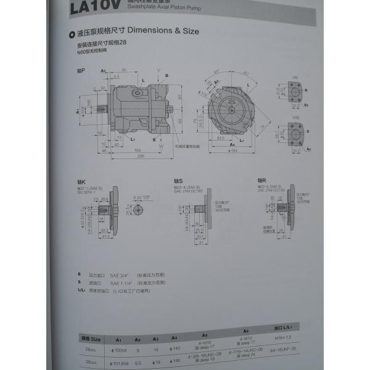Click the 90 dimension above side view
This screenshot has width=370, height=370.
click(x=124, y=70)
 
